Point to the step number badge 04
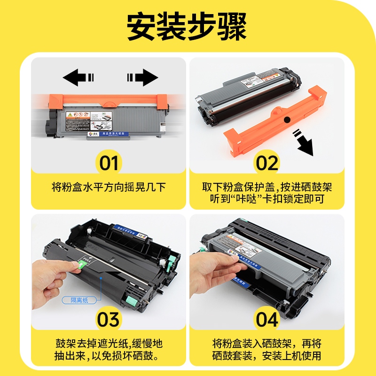click(267, 320)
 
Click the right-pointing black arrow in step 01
click(142, 77)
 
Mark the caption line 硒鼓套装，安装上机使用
click(267, 356)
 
